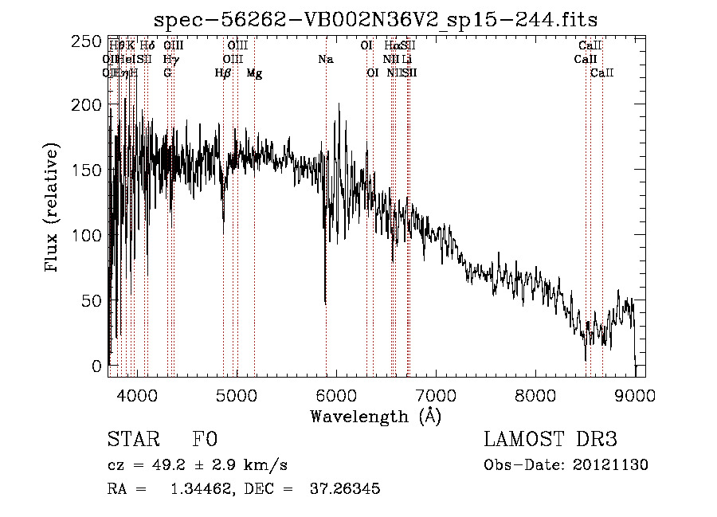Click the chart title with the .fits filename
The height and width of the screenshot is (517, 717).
pyautogui.click(x=376, y=18)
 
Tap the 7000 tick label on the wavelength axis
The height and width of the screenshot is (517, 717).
pyautogui.click(x=436, y=395)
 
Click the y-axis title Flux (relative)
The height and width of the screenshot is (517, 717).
pyautogui.click(x=53, y=209)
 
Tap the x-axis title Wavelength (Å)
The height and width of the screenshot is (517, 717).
pyautogui.click(x=375, y=416)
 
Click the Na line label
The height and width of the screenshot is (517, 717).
pyautogui.click(x=325, y=60)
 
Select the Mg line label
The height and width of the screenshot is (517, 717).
pyautogui.click(x=254, y=73)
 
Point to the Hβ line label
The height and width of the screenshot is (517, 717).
pyautogui.click(x=223, y=73)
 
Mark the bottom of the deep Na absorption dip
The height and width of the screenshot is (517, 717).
pyautogui.click(x=325, y=303)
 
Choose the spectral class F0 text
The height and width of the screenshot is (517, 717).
pyautogui.click(x=205, y=440)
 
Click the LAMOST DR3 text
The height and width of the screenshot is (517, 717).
pyautogui.click(x=550, y=440)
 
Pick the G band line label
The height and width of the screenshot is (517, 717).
pyautogui.click(x=167, y=73)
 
